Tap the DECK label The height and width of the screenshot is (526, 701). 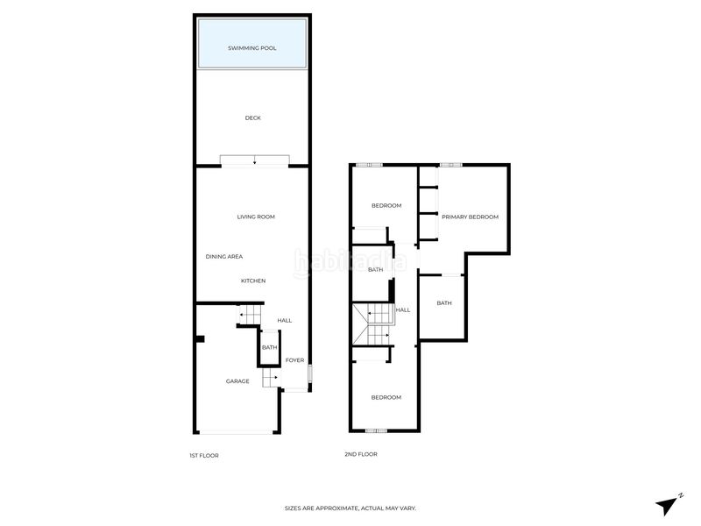[252, 117]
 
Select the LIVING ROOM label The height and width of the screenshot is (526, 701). [256, 217]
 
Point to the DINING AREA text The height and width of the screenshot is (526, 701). [223, 256]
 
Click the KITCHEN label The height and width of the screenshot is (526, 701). [253, 281]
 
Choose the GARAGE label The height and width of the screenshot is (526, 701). [237, 381]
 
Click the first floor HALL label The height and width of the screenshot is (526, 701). [285, 321]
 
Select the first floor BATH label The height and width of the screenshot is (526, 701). [269, 347]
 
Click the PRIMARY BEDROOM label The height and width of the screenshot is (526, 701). [470, 217]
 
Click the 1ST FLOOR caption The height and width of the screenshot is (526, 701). [203, 455]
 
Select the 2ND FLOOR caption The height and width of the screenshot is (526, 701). [360, 454]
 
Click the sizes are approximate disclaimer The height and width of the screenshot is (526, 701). [350, 508]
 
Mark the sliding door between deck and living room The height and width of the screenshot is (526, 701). [254, 160]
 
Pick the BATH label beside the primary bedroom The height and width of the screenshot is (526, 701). [444, 303]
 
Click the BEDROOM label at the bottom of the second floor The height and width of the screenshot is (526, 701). [386, 397]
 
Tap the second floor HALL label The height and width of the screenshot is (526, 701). [403, 310]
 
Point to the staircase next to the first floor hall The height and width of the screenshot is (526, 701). [249, 314]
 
